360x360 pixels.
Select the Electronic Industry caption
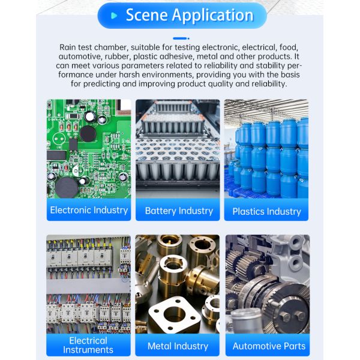(x=89, y=211)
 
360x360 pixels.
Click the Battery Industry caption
(x=179, y=211)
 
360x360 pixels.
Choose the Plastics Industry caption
(x=266, y=211)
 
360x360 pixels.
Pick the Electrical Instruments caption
(x=88, y=345)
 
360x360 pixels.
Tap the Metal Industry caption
(x=178, y=346)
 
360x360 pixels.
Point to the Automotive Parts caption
(x=269, y=346)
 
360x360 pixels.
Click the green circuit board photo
(x=89, y=150)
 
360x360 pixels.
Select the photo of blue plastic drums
(x=266, y=150)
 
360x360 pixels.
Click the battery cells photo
(x=178, y=150)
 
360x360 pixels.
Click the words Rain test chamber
(x=91, y=47)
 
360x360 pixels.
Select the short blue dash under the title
(x=181, y=38)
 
